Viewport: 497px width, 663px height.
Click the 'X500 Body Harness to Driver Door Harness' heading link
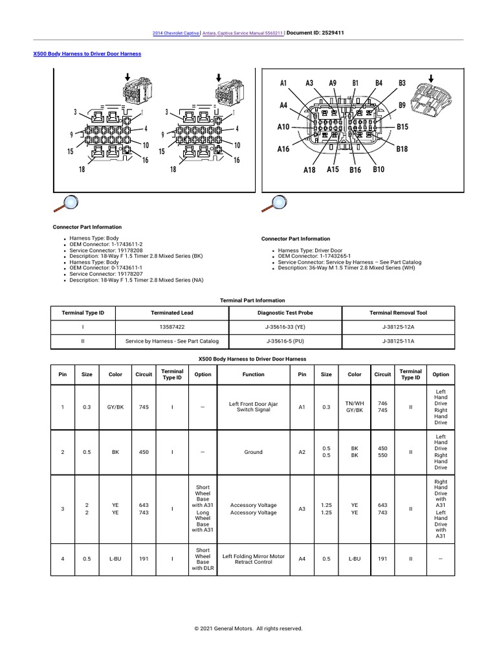87,54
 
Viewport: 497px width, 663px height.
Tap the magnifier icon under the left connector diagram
65,203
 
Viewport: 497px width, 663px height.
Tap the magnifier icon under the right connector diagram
276,203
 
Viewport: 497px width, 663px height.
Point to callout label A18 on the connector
309,170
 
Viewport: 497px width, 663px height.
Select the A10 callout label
283,127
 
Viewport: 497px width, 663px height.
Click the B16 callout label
355,170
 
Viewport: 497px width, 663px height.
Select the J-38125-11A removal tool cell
399,341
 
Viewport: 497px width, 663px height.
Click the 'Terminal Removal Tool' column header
399,313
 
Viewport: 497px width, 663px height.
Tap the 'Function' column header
253,374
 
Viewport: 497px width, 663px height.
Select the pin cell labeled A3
302,509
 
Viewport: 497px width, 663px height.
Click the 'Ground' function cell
253,452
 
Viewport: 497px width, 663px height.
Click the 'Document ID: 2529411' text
315,32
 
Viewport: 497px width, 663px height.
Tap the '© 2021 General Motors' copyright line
248,628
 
